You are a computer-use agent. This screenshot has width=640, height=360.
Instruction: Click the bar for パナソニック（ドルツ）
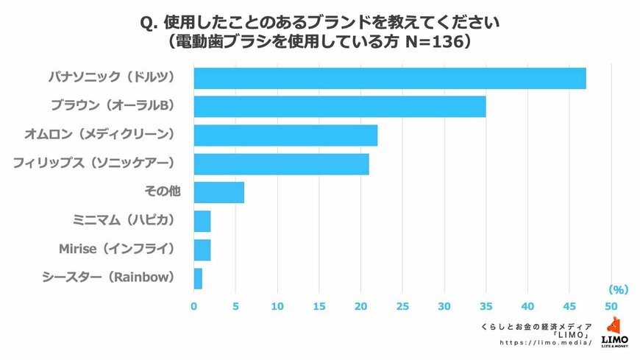pos(390,78)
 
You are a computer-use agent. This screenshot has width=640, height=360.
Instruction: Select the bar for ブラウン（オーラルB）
pos(340,107)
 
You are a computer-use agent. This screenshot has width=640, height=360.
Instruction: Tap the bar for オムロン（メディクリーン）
pos(285,135)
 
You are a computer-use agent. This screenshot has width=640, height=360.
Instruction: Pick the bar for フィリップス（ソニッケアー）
pos(281,164)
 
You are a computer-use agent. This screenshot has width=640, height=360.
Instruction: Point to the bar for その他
pos(218,193)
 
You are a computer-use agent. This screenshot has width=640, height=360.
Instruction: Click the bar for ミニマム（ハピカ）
pos(202,221)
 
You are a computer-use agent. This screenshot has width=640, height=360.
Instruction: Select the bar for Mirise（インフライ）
pos(202,250)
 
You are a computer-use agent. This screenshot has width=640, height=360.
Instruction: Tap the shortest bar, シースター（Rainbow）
pos(198,278)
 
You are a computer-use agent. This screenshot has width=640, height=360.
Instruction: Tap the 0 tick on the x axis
pos(194,306)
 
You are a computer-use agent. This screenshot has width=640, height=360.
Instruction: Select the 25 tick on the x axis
pos(402,306)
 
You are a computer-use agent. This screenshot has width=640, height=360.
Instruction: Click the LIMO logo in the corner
pos(614,332)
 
